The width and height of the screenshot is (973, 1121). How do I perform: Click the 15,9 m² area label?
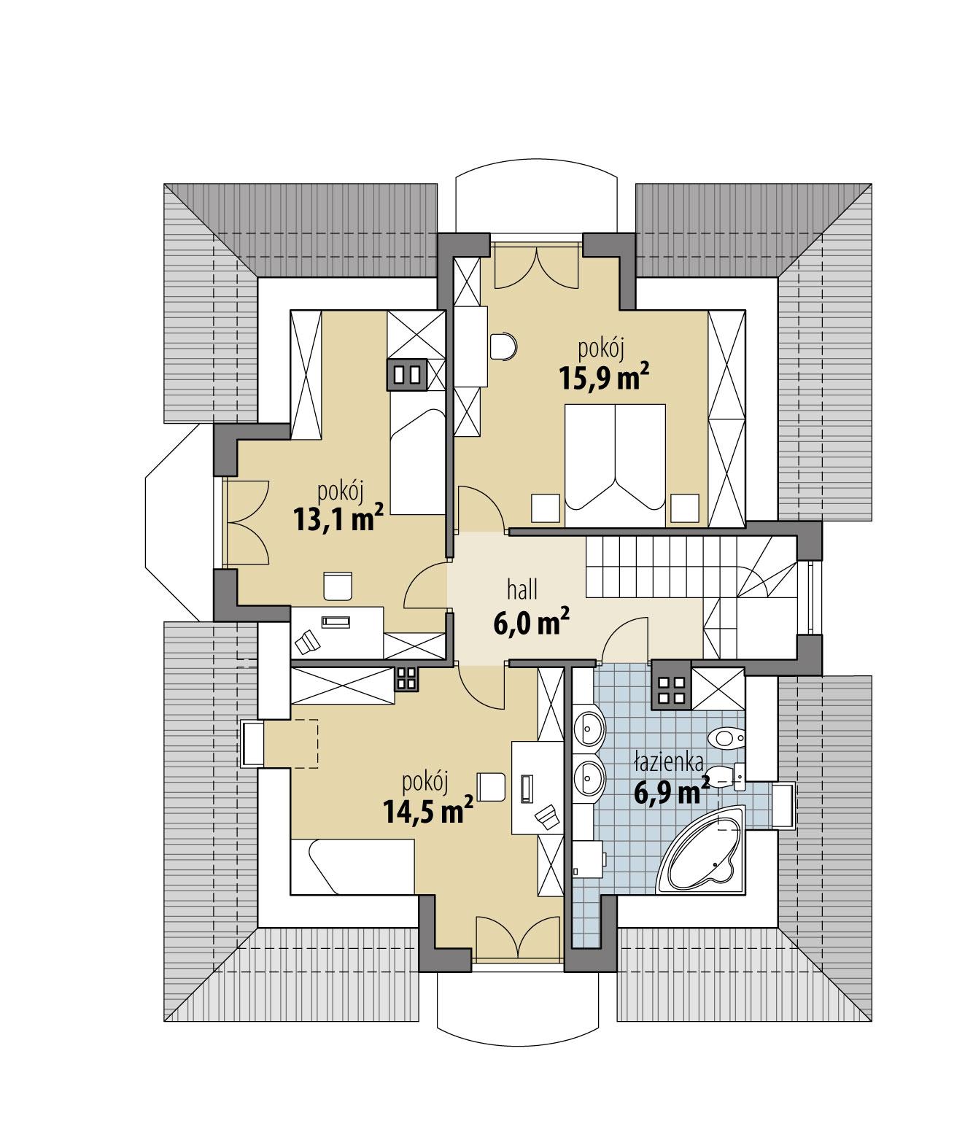coord(603,378)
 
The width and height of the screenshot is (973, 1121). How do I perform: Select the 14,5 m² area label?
coord(428,810)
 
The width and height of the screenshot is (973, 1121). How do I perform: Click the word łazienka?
coord(668,764)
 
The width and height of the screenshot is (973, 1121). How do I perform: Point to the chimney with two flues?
coord(407,375)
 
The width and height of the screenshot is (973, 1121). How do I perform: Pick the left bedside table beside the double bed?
coord(545,508)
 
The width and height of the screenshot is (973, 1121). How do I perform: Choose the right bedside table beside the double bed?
coord(685,508)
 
